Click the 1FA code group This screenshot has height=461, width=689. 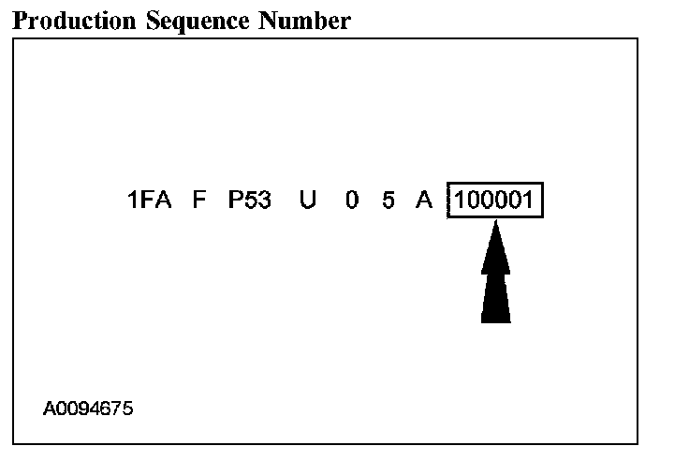tap(150, 201)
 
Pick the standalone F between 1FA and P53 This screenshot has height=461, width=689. tap(198, 201)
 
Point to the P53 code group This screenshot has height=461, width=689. tap(250, 201)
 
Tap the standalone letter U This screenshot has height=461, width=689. tap(308, 201)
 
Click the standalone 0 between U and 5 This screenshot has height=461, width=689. tap(351, 201)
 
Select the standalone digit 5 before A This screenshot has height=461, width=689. tap(388, 201)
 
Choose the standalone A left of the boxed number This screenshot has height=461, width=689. tap(424, 201)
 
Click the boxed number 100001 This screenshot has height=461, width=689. tap(495, 201)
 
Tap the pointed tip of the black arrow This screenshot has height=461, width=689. tap(495, 224)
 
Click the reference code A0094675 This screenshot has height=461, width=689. tap(88, 409)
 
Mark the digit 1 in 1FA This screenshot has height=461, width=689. tap(133, 201)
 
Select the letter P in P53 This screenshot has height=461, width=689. tap(236, 201)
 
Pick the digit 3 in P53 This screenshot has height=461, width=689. tap(265, 201)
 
